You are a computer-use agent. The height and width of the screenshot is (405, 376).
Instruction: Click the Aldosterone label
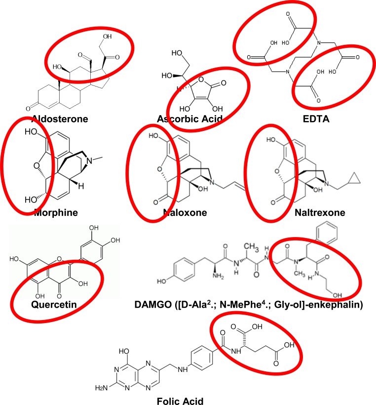[x=59, y=119]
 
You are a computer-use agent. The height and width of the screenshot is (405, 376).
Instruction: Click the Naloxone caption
[x=184, y=213]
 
